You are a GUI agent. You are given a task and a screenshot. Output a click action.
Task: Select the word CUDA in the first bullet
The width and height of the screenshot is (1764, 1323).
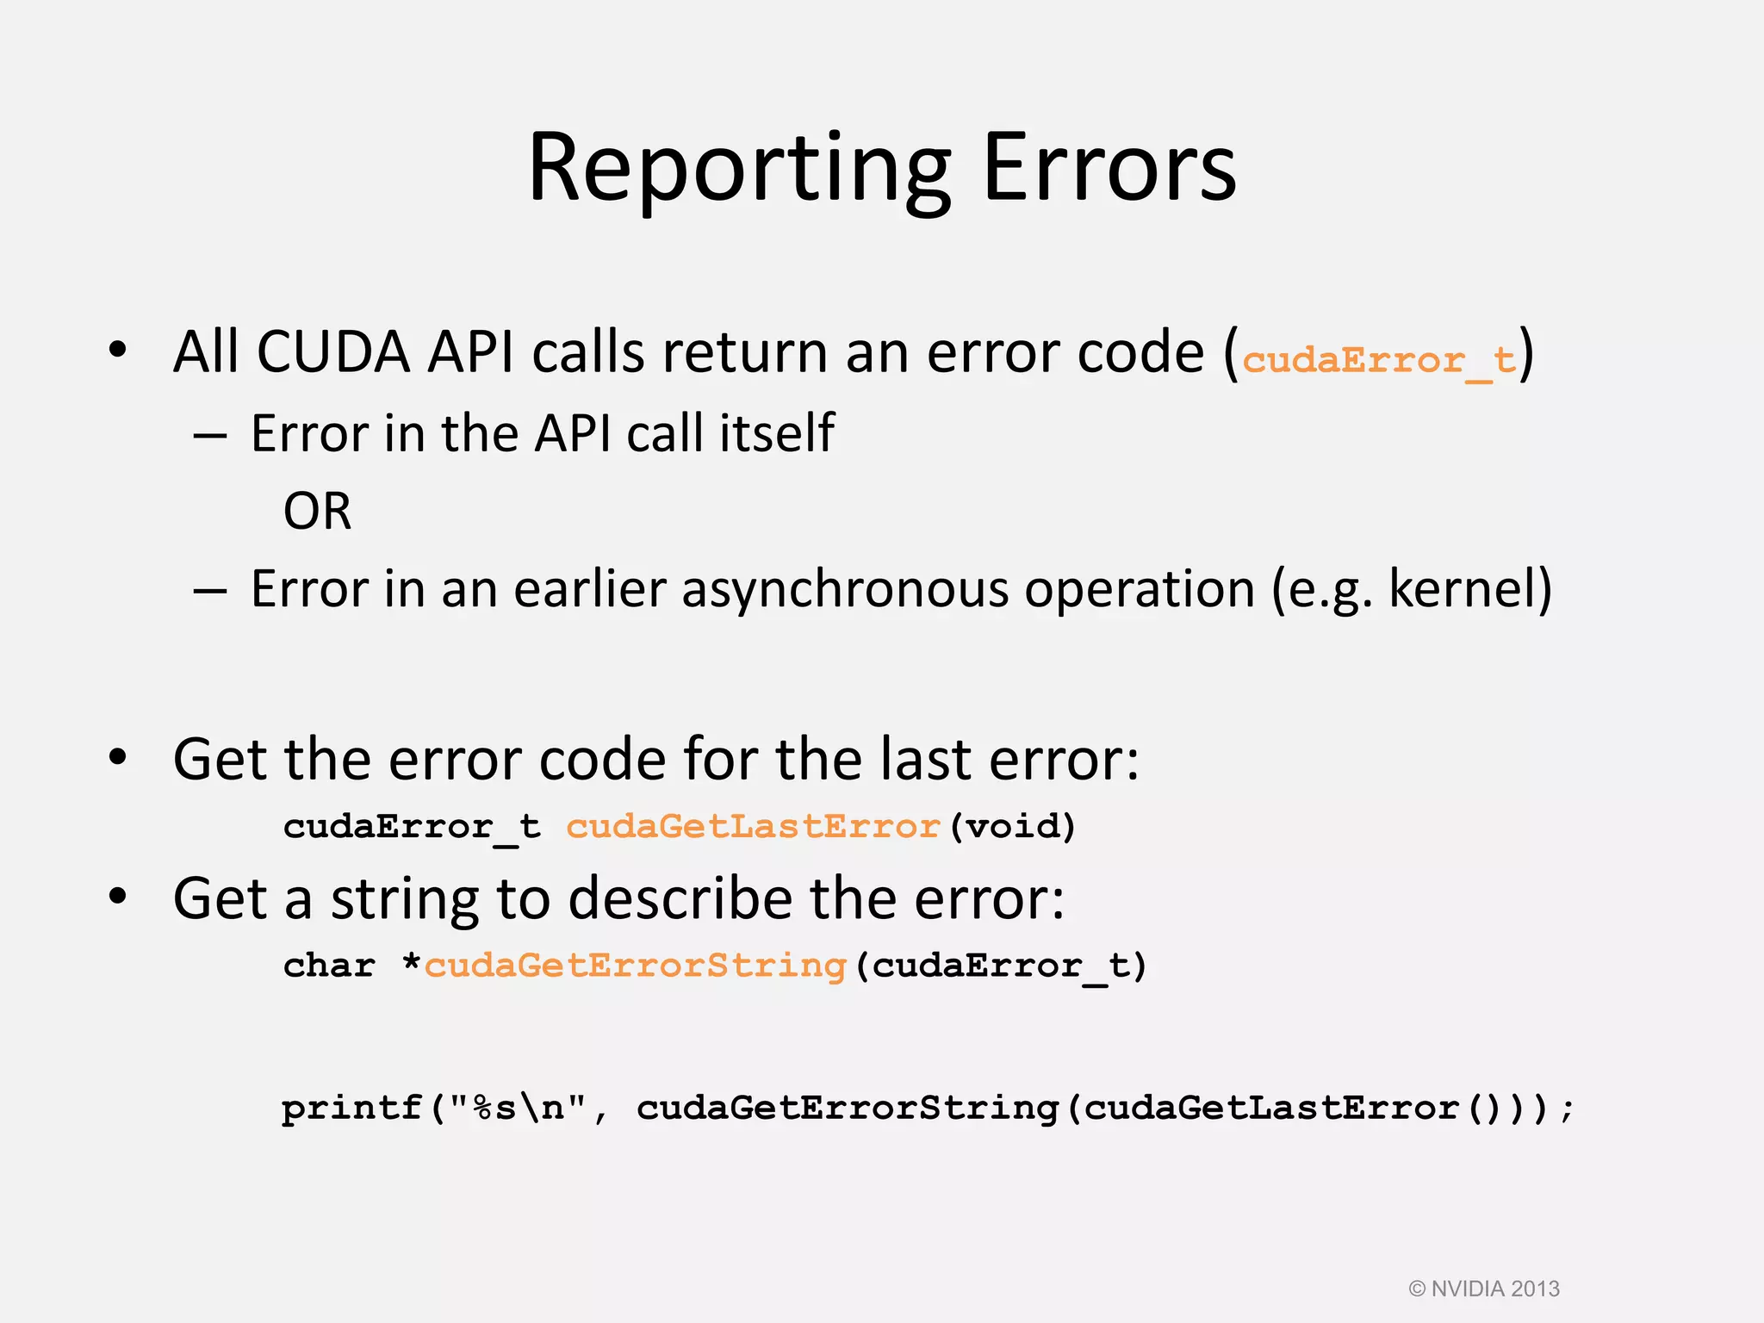pyautogui.click(x=333, y=352)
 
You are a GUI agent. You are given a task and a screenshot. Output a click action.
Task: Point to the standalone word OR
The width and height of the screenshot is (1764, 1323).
pyautogui.click(x=317, y=512)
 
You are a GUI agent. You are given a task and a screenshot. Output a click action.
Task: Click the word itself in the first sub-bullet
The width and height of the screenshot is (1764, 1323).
pyautogui.click(x=777, y=433)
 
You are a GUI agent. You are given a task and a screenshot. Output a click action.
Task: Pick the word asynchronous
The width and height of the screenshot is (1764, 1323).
pyautogui.click(x=845, y=591)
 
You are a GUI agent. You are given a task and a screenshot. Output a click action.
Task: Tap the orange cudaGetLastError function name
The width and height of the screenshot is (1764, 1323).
pyautogui.click(x=753, y=827)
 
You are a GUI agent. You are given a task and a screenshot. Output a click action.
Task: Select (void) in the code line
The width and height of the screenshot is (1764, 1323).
pyautogui.click(x=1013, y=827)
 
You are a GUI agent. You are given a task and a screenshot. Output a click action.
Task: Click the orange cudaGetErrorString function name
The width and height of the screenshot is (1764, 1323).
pyautogui.click(x=636, y=966)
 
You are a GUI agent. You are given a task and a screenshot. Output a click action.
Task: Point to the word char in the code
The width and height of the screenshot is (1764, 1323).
pyautogui.click(x=329, y=966)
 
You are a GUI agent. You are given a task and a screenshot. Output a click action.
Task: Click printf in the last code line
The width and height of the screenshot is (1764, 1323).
pyautogui.click(x=351, y=1108)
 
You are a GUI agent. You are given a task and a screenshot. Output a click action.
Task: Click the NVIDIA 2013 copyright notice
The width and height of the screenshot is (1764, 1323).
pyautogui.click(x=1484, y=1289)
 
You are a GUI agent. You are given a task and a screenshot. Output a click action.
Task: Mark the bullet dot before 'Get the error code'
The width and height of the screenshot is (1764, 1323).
pyautogui.click(x=118, y=758)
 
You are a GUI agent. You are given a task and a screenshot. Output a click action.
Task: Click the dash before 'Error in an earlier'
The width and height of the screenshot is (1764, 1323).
pyautogui.click(x=210, y=592)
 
